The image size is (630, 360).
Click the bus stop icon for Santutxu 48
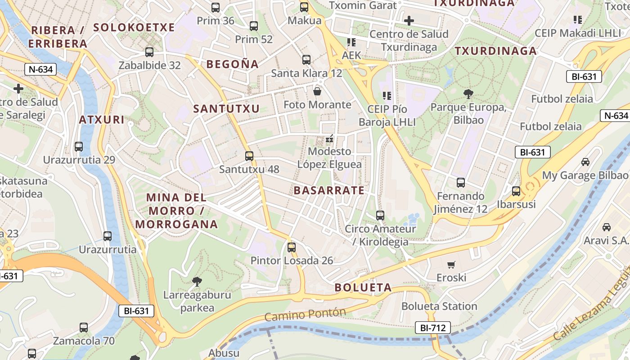pyautogui.click(x=249, y=156)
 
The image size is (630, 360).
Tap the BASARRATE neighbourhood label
pyautogui.click(x=329, y=190)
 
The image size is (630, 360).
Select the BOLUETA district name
pyautogui.click(x=363, y=288)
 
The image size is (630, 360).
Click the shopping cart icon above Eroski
pyautogui.click(x=451, y=265)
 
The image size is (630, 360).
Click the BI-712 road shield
pyautogui.click(x=432, y=328)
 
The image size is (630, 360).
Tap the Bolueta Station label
pyautogui.click(x=439, y=306)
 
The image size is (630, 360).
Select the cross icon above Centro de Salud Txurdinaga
pyautogui.click(x=409, y=21)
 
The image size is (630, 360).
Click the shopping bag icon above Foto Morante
pyautogui.click(x=317, y=92)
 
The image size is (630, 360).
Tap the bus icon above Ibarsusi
pyautogui.click(x=516, y=191)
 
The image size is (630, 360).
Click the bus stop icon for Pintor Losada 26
pyautogui.click(x=292, y=247)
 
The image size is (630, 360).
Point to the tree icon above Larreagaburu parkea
pyautogui.click(x=197, y=282)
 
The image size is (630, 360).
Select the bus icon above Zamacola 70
pyautogui.click(x=84, y=328)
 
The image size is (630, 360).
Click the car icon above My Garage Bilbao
pyautogui.click(x=585, y=162)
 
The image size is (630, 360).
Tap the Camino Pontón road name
pyautogui.click(x=305, y=315)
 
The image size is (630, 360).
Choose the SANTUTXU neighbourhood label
pyautogui.click(x=226, y=108)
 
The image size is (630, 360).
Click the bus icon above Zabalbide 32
pyautogui.click(x=149, y=52)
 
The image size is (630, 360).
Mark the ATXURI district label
pyautogui.click(x=101, y=120)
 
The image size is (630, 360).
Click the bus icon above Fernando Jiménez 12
pyautogui.click(x=461, y=183)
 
